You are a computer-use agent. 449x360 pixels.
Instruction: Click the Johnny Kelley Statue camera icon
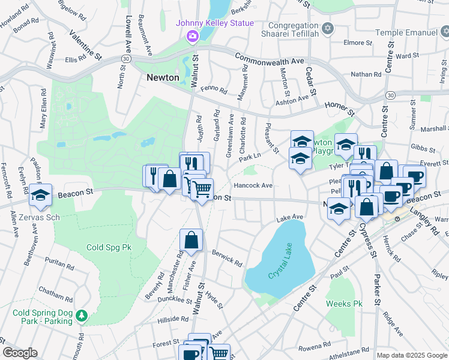[192, 37]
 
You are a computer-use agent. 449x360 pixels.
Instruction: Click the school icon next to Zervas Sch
[41, 196]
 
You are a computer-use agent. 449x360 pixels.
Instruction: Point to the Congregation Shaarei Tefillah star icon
[327, 29]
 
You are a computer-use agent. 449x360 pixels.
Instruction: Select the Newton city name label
[163, 77]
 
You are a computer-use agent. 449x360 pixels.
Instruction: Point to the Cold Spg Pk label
[109, 247]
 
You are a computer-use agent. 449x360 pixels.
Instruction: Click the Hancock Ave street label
[253, 186]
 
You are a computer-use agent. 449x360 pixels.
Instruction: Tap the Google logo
[20, 353]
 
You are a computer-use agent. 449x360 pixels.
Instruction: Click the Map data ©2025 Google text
[411, 355]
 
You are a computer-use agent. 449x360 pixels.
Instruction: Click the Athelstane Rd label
[349, 350]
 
